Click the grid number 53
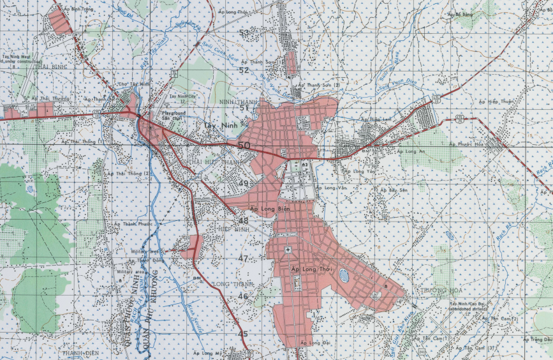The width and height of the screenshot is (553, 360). (x=244, y=33)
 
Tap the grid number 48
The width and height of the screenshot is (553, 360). (x=244, y=221)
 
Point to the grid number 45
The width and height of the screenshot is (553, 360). (x=243, y=334)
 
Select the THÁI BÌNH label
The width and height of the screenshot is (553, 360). (x=34, y=66)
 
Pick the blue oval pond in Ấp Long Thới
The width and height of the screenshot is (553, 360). (x=344, y=276)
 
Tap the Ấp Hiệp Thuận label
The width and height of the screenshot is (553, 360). (x=498, y=101)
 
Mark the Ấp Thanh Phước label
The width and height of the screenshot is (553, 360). (x=133, y=224)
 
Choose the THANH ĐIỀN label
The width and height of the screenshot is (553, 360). (x=78, y=352)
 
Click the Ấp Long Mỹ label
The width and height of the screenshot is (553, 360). (x=207, y=352)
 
